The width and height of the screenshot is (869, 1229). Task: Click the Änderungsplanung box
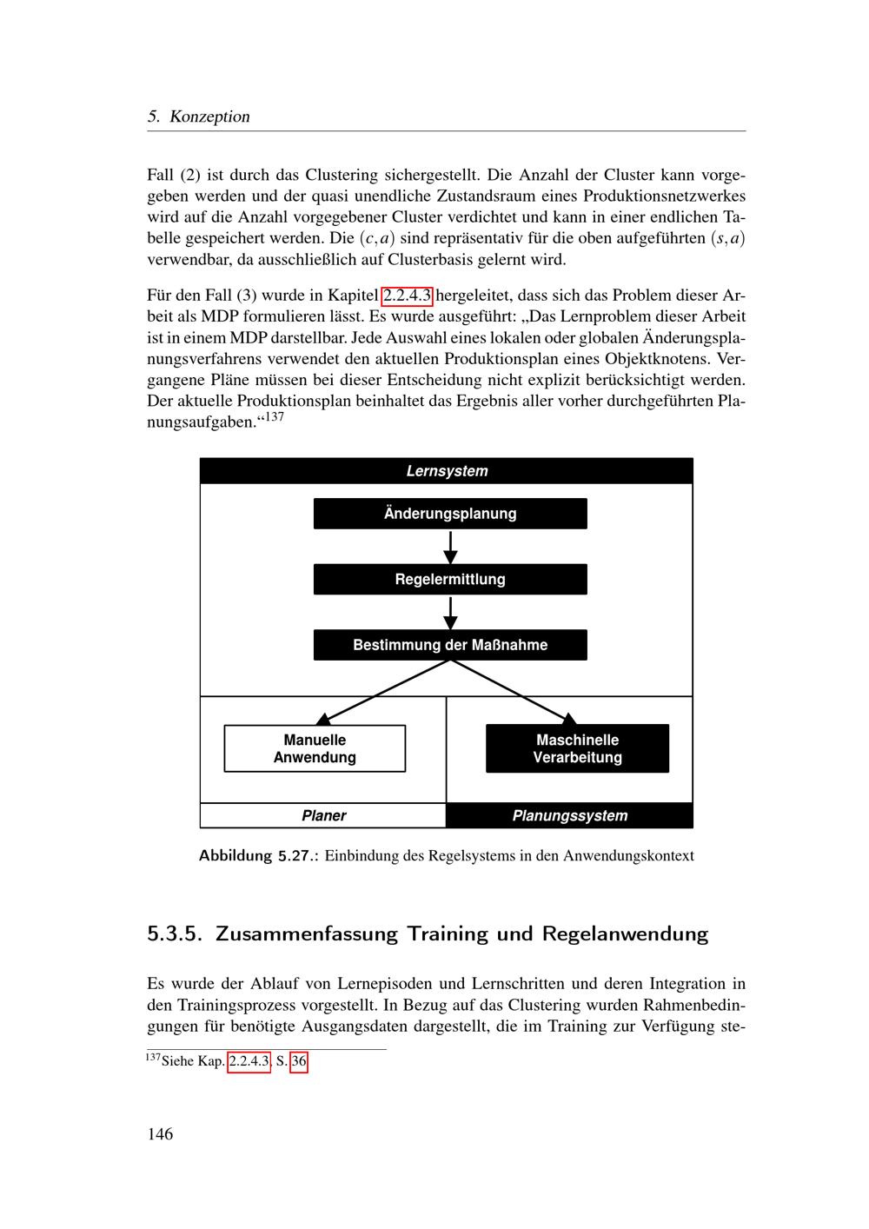pyautogui.click(x=450, y=514)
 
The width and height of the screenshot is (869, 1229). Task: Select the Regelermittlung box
pyautogui.click(x=450, y=580)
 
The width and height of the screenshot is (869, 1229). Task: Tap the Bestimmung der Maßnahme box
pyautogui.click(x=450, y=645)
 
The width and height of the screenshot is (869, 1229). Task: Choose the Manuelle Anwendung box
pyautogui.click(x=315, y=748)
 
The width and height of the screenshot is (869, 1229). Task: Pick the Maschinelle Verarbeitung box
pyautogui.click(x=577, y=748)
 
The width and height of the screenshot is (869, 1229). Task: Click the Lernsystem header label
pyautogui.click(x=447, y=471)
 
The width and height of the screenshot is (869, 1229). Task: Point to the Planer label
pyautogui.click(x=323, y=815)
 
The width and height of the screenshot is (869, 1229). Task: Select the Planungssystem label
pyautogui.click(x=569, y=815)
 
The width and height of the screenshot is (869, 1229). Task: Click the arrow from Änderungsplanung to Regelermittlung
pyautogui.click(x=450, y=546)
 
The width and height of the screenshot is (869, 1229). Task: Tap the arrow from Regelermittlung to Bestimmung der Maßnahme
pyautogui.click(x=450, y=612)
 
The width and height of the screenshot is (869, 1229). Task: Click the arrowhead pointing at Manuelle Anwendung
pyautogui.click(x=323, y=719)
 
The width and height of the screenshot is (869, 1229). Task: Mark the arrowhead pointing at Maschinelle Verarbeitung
pyautogui.click(x=569, y=719)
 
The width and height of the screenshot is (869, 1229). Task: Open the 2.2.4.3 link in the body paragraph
pyautogui.click(x=408, y=295)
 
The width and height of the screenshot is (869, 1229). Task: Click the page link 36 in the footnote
pyautogui.click(x=299, y=1062)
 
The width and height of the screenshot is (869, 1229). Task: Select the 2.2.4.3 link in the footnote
pyautogui.click(x=249, y=1062)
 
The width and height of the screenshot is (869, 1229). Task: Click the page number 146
pyautogui.click(x=160, y=1133)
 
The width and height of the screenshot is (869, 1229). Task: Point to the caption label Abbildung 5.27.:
pyautogui.click(x=259, y=855)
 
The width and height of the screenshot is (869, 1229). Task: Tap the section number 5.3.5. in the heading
pyautogui.click(x=175, y=934)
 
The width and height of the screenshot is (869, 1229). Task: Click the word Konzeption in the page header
pyautogui.click(x=209, y=116)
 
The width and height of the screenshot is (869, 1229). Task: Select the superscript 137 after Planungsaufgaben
pyautogui.click(x=275, y=417)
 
